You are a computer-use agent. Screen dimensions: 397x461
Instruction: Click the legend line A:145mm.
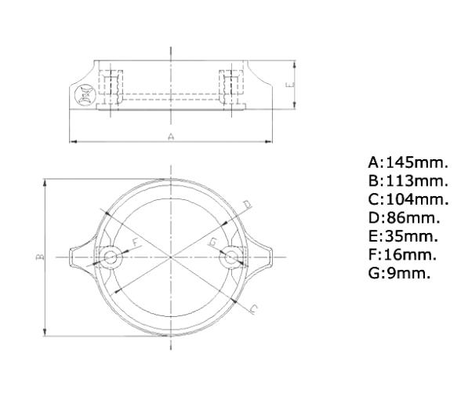point(408,163)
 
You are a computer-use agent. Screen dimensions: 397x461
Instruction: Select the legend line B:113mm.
point(408,181)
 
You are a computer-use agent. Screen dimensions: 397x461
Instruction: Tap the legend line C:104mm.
point(408,199)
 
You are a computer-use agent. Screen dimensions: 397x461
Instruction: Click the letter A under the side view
point(171,137)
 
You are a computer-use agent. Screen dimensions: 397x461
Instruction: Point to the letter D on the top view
point(248,204)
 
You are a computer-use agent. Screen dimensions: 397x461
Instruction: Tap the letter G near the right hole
point(212,242)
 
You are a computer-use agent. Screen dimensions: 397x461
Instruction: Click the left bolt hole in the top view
point(111,257)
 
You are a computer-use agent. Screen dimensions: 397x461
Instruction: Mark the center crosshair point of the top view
point(171,257)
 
